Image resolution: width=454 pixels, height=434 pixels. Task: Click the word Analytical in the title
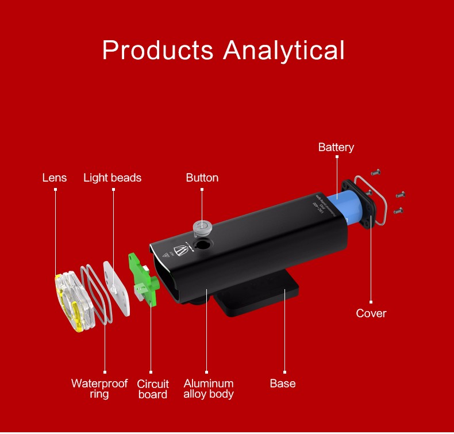click(284, 50)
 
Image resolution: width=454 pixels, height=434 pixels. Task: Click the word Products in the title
click(159, 50)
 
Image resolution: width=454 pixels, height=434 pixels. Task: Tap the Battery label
click(336, 148)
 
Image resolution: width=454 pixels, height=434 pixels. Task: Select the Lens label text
click(55, 178)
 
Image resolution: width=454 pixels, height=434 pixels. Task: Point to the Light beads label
click(112, 178)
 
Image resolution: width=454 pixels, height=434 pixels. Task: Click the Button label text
click(202, 178)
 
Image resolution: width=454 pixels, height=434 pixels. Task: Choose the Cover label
click(371, 313)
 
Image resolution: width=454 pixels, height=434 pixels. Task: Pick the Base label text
click(283, 383)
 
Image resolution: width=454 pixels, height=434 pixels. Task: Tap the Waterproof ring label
click(99, 389)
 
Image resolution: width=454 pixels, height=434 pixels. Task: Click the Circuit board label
click(153, 389)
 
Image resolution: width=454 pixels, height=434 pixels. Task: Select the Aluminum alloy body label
click(209, 389)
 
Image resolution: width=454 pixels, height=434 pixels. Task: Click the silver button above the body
click(201, 225)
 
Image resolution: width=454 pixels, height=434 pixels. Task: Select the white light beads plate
click(117, 287)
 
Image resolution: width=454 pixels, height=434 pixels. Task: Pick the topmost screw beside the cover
click(376, 172)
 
